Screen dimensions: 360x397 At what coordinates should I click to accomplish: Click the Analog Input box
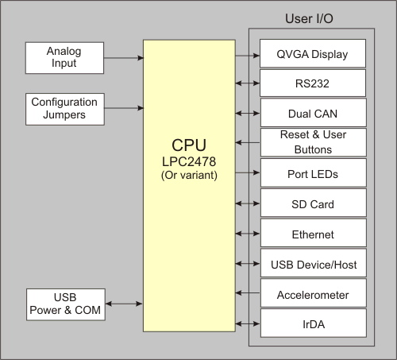pyautogui.click(x=64, y=57)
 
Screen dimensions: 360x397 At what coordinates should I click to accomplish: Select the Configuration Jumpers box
pyautogui.click(x=64, y=108)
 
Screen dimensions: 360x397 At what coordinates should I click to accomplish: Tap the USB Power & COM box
pyautogui.click(x=64, y=304)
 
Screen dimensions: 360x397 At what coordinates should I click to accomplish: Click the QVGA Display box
pyautogui.click(x=313, y=56)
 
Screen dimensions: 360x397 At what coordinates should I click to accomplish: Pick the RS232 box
pyautogui.click(x=313, y=82)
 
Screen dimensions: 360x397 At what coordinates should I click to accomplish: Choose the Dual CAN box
pyautogui.click(x=313, y=113)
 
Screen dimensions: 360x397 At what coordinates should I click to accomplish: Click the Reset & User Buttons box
pyautogui.click(x=313, y=141)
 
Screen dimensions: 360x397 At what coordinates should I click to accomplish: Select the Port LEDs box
pyautogui.click(x=313, y=172)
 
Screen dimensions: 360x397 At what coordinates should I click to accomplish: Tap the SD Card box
pyautogui.click(x=313, y=203)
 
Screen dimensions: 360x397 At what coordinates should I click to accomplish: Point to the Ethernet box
pyautogui.click(x=313, y=234)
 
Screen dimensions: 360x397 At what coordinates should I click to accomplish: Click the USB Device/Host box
pyautogui.click(x=313, y=264)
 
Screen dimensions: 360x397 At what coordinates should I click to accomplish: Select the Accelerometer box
pyautogui.click(x=313, y=294)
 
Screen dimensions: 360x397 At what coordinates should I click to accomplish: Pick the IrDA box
pyautogui.click(x=313, y=323)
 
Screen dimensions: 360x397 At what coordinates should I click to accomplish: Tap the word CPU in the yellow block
pyautogui.click(x=189, y=145)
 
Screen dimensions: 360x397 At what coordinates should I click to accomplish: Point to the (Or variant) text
pyautogui.click(x=189, y=175)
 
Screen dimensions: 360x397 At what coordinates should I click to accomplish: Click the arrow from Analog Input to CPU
pyautogui.click(x=123, y=57)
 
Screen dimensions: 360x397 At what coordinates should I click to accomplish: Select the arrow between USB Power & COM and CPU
pyautogui.click(x=123, y=304)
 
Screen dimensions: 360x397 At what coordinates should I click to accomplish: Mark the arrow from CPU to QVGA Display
pyautogui.click(x=248, y=56)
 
